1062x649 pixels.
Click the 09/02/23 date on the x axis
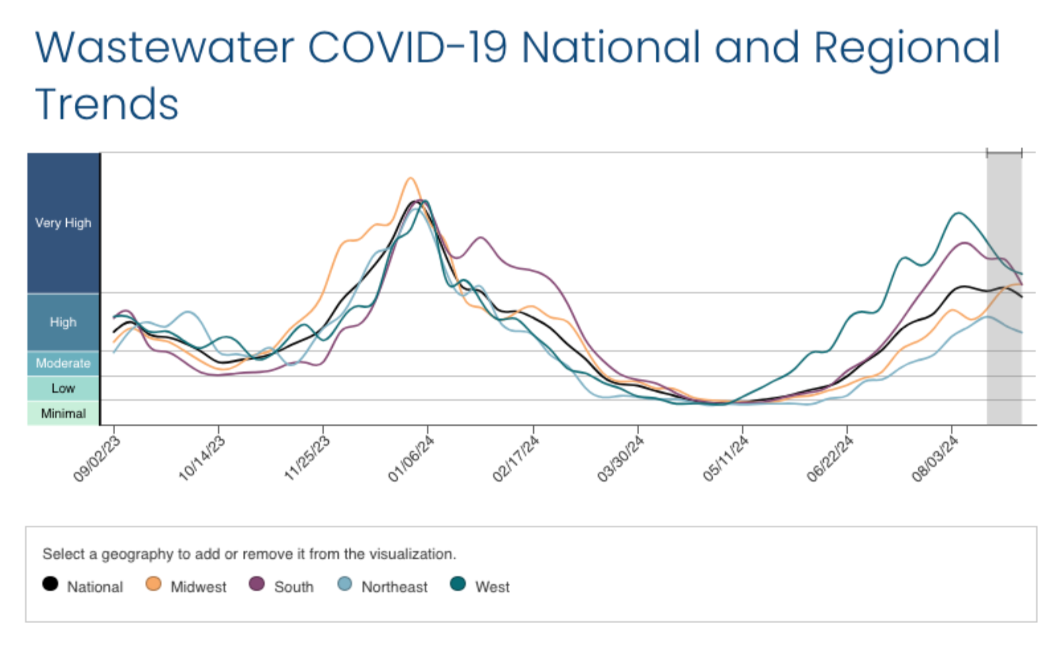pyautogui.click(x=97, y=459)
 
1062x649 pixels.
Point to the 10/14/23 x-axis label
pyautogui.click(x=202, y=459)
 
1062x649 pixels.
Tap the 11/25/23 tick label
pyautogui.click(x=307, y=459)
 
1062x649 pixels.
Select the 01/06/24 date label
pyautogui.click(x=411, y=459)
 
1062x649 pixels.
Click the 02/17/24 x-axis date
pyautogui.click(x=516, y=459)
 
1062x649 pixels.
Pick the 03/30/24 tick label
pyautogui.click(x=621, y=459)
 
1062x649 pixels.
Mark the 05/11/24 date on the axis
pyautogui.click(x=726, y=459)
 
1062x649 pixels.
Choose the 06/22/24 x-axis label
pyautogui.click(x=830, y=459)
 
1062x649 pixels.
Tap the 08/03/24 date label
pyautogui.click(x=935, y=459)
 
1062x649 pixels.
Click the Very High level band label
pyautogui.click(x=63, y=223)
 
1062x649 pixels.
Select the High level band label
pyautogui.click(x=63, y=323)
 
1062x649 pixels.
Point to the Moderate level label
pyautogui.click(x=63, y=364)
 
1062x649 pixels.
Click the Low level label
pyautogui.click(x=63, y=389)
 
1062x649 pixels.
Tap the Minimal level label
pyautogui.click(x=63, y=414)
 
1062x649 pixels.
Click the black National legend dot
pyautogui.click(x=50, y=584)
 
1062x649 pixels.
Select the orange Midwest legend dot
pyautogui.click(x=154, y=584)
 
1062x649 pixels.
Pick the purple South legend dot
pyautogui.click(x=257, y=584)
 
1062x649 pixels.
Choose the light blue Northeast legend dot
pyautogui.click(x=345, y=584)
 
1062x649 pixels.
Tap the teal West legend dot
pyautogui.click(x=458, y=584)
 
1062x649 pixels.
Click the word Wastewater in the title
pyautogui.click(x=165, y=48)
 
